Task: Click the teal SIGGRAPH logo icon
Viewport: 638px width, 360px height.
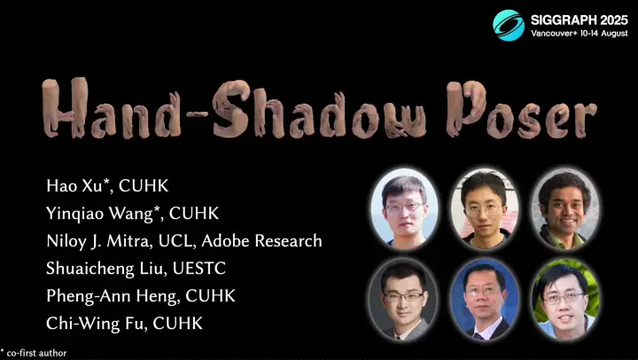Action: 509,25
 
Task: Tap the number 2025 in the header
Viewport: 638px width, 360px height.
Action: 612,20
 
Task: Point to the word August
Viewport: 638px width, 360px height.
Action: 614,34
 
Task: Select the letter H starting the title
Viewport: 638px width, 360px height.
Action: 65,107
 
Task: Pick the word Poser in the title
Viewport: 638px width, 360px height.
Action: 522,110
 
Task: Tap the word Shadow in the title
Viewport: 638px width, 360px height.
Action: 319,109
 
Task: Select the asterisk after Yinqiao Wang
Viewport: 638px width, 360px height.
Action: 158,209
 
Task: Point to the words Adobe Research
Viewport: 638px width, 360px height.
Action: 261,240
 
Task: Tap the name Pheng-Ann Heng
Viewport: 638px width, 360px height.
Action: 113,296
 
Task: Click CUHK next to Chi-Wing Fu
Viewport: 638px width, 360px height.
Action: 177,324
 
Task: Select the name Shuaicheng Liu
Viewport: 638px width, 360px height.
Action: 105,269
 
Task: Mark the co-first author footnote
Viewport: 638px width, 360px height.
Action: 34,353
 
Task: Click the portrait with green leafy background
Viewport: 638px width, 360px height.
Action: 564,300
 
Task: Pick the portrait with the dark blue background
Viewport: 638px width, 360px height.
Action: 484,300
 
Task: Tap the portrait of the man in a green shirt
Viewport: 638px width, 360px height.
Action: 564,210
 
